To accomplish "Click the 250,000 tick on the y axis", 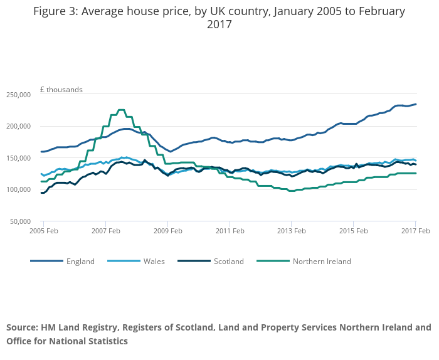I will (x=18, y=95).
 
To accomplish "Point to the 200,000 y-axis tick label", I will (x=18, y=126).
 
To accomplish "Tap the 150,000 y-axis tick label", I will (x=18, y=158).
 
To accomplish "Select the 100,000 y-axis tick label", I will (x=18, y=189).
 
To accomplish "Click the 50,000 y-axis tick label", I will (x=19, y=221).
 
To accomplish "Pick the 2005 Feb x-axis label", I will (x=43, y=231).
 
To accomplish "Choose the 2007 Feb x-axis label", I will (x=105, y=231).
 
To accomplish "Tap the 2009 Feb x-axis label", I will (x=167, y=231).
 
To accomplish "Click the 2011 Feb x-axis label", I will (x=229, y=231).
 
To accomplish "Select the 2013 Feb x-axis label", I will (x=291, y=231).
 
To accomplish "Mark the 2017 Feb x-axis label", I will (x=415, y=231).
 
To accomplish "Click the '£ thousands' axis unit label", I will (x=61, y=90).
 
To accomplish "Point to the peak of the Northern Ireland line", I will (x=121, y=110).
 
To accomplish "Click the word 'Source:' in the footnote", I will (x=22, y=327).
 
